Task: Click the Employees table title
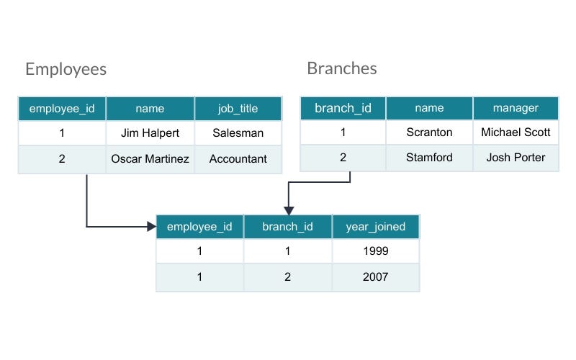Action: point(66,69)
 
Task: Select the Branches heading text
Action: point(341,68)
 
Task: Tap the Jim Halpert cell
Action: point(150,132)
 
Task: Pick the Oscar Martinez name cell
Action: point(150,158)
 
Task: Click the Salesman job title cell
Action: point(238,132)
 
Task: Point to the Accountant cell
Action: point(238,158)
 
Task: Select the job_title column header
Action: point(238,109)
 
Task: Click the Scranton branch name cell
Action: point(429,132)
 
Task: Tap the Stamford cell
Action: point(429,158)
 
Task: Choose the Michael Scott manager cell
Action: point(516,132)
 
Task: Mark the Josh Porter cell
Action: point(516,158)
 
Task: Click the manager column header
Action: point(516,108)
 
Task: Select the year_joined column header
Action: point(375,226)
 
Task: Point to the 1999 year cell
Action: point(375,251)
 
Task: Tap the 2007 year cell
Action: point(375,276)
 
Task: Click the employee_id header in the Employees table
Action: point(62,109)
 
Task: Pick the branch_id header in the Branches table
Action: point(343,108)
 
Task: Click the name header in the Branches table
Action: point(429,108)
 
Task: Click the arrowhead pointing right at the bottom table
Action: point(152,227)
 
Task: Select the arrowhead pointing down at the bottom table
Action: point(288,210)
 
